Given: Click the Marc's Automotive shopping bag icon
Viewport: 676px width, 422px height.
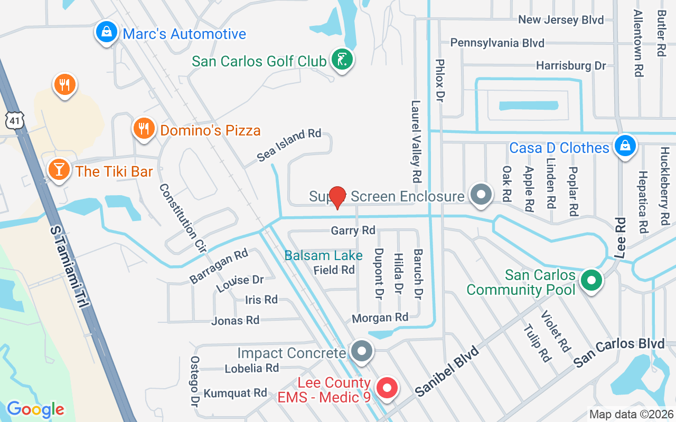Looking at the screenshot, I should click(x=107, y=32).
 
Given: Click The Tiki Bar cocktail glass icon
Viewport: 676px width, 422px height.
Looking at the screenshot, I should click(x=59, y=169).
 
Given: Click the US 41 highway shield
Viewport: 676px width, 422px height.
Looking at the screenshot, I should click(x=15, y=121).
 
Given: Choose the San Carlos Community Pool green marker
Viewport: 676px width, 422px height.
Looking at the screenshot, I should click(x=591, y=281).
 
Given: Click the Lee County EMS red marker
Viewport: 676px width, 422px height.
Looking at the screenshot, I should click(x=388, y=389).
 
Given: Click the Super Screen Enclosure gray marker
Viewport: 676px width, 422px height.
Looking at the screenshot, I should click(x=481, y=194).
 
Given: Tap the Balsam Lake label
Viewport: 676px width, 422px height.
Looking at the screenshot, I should click(x=323, y=256).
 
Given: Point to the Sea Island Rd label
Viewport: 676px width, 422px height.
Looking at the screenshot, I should click(x=289, y=145).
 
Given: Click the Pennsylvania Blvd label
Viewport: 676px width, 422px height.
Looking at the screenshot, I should click(x=497, y=43).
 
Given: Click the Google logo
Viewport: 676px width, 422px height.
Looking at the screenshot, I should click(x=35, y=409).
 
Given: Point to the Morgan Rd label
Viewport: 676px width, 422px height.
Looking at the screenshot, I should click(x=380, y=318).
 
